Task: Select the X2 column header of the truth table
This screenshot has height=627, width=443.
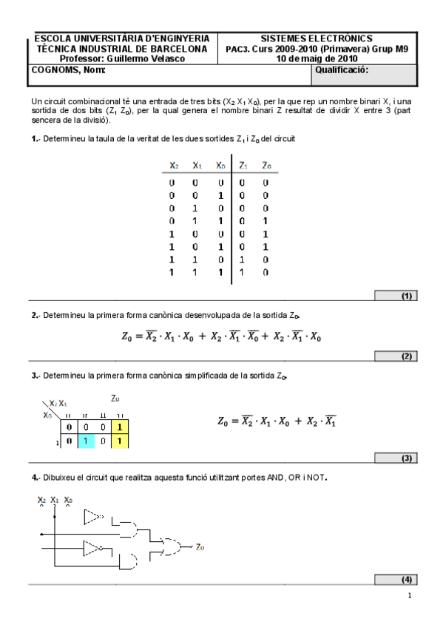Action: pyautogui.click(x=173, y=166)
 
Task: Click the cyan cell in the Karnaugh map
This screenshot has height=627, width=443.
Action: pyautogui.click(x=87, y=441)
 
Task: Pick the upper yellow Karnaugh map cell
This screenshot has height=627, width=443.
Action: pyautogui.click(x=121, y=427)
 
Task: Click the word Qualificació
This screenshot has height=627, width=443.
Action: pyautogui.click(x=342, y=70)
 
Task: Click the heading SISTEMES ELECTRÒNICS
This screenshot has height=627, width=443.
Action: pyautogui.click(x=317, y=38)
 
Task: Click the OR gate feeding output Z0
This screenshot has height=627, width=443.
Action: pyautogui.click(x=175, y=546)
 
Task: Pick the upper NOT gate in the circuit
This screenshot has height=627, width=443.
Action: pyautogui.click(x=94, y=516)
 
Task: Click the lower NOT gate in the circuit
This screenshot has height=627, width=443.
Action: pyautogui.click(x=93, y=548)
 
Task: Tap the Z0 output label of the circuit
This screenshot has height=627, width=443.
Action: pyautogui.click(x=200, y=547)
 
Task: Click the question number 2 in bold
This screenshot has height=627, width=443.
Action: pyautogui.click(x=34, y=315)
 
